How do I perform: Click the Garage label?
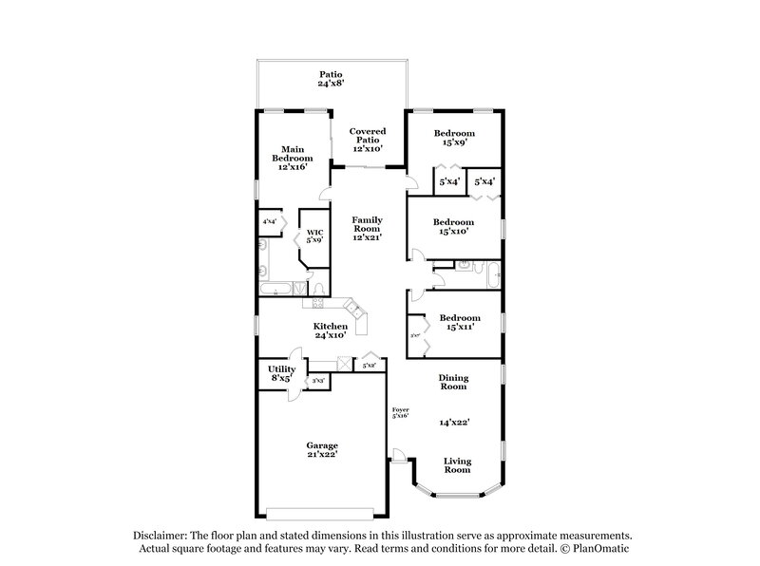[x=321, y=444]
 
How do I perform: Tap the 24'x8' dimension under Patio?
[x=330, y=85]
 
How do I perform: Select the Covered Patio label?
[x=367, y=139]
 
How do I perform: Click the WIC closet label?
[x=314, y=232]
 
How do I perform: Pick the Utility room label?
[x=281, y=368]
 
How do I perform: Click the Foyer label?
[x=401, y=410]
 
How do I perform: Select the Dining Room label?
[x=452, y=382]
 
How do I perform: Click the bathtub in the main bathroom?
[x=276, y=287]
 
